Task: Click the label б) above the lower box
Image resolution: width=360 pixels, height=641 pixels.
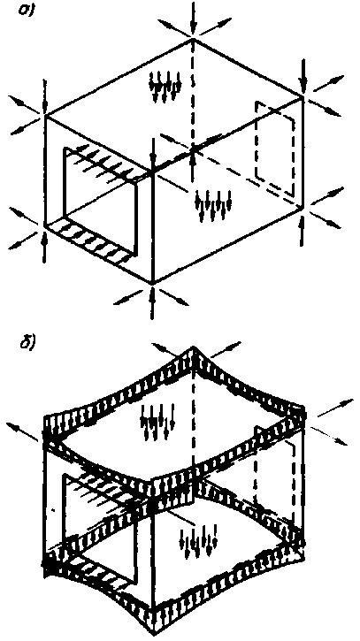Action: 26,341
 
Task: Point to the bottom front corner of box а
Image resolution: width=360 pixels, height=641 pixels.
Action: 152,282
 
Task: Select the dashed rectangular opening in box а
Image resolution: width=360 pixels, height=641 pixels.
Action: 275,148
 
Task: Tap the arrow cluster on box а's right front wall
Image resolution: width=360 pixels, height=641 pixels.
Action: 213,204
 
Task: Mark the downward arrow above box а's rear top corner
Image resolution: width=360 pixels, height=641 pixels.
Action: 194,17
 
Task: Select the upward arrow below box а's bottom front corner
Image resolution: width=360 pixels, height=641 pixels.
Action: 152,303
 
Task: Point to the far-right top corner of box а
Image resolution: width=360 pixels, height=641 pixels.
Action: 303,97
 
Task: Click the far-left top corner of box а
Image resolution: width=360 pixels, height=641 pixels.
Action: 44,117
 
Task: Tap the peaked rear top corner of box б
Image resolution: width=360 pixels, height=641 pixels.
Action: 194,348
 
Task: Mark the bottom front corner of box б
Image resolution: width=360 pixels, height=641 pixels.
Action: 152,631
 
